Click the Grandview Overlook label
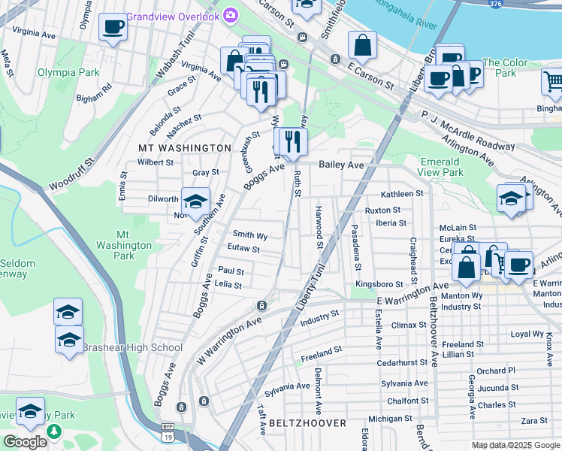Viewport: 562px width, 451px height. (x=173, y=16)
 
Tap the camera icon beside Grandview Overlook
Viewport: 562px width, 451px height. (x=231, y=15)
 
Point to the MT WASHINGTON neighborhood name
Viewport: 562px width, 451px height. (x=185, y=148)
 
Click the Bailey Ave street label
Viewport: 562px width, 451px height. (x=341, y=165)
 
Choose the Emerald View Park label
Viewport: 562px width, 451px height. (x=440, y=167)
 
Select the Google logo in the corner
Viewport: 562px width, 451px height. (x=24, y=441)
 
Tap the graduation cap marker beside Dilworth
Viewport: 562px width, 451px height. (x=195, y=201)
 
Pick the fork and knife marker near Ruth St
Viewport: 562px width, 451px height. (x=292, y=141)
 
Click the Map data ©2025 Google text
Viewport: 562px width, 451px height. (x=515, y=445)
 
